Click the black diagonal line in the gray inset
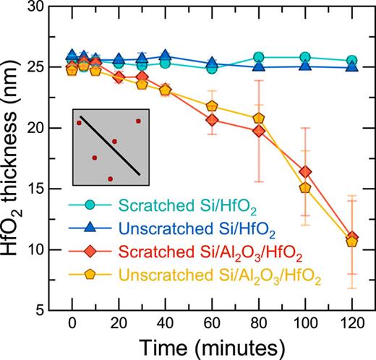tap(109, 144)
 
